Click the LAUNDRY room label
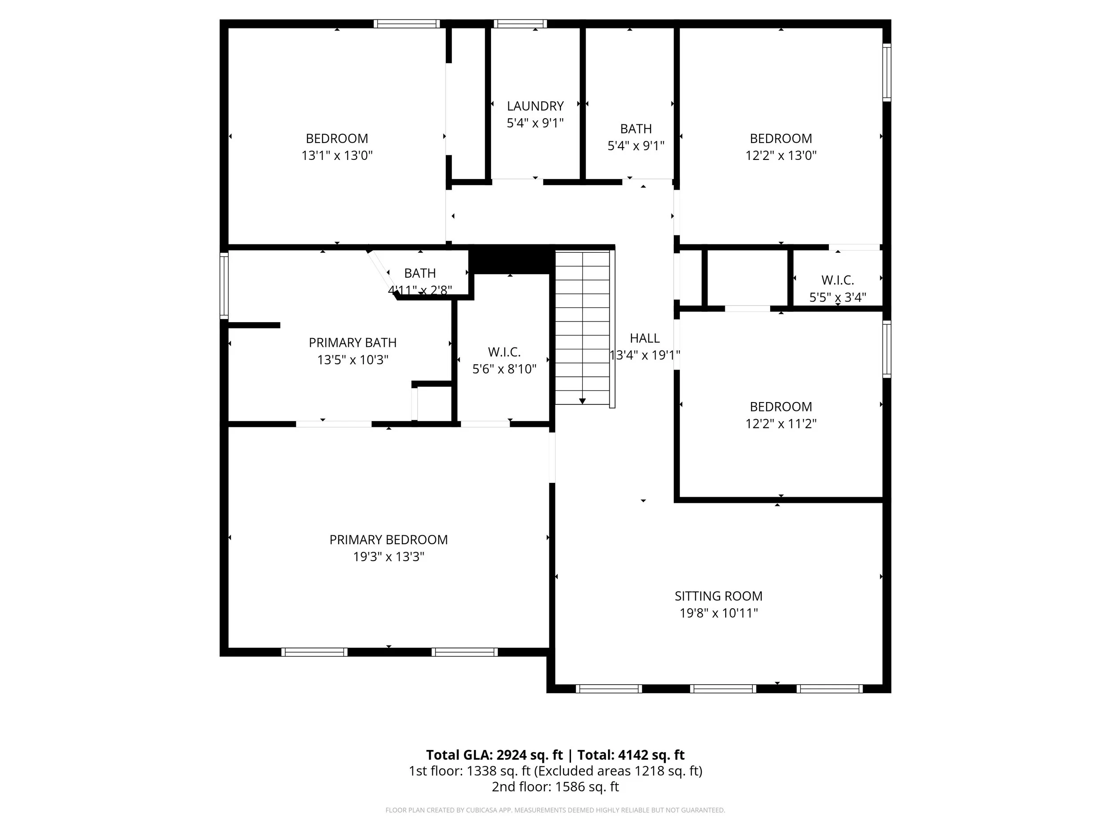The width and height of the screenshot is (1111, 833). click(535, 106)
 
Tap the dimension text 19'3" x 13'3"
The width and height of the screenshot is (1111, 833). click(388, 556)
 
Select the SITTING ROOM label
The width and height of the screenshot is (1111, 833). click(718, 596)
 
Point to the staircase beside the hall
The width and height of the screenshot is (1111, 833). click(582, 327)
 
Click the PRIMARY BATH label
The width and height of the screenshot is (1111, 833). click(352, 343)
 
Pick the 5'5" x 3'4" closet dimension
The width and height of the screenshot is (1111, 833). click(837, 297)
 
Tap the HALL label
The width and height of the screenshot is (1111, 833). click(644, 338)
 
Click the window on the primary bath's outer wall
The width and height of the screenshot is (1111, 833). click(224, 285)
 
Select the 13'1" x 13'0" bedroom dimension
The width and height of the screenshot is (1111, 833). click(336, 155)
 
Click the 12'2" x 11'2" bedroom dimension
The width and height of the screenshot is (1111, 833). click(780, 423)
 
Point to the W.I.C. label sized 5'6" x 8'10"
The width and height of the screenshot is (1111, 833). click(504, 351)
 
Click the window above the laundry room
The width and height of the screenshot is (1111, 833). click(520, 24)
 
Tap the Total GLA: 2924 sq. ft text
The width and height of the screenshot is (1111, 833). click(495, 755)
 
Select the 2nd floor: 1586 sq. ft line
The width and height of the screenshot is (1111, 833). click(555, 786)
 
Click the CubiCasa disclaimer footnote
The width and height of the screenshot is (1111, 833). click(555, 810)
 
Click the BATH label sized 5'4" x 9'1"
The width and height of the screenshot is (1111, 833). click(636, 128)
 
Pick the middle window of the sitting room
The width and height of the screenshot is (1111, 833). click(723, 689)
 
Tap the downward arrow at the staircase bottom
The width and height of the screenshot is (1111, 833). click(582, 401)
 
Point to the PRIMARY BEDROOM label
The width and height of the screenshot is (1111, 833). click(388, 539)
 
